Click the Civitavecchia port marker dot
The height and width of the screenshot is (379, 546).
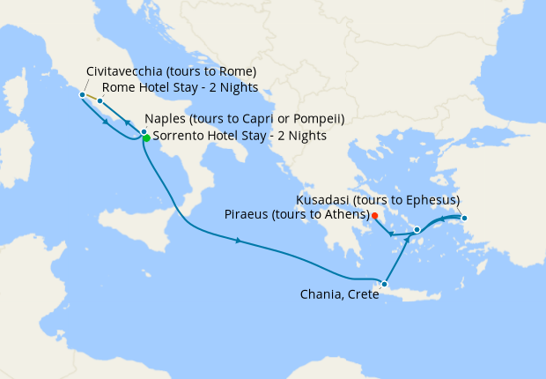point(82,94)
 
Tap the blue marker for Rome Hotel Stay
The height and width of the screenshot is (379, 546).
point(100,101)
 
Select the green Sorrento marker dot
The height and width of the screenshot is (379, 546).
point(146,137)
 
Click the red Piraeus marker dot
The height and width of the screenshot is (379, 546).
point(374,215)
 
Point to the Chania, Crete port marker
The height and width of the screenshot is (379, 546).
point(384,284)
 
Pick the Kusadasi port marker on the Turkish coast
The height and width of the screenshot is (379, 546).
point(464,218)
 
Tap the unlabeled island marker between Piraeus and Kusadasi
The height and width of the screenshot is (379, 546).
point(417,229)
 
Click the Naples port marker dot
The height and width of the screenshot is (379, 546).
point(144,131)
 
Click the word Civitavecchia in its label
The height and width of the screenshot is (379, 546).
point(123,71)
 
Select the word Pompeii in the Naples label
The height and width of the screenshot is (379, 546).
point(317,119)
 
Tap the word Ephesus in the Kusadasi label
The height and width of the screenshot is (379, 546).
point(429,200)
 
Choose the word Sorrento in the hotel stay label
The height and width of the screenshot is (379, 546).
point(178,136)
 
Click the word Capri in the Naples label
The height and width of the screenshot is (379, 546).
point(262,119)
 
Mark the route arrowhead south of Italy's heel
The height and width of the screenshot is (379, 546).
point(238,240)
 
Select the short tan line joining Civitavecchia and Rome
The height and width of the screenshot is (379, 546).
point(91,98)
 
